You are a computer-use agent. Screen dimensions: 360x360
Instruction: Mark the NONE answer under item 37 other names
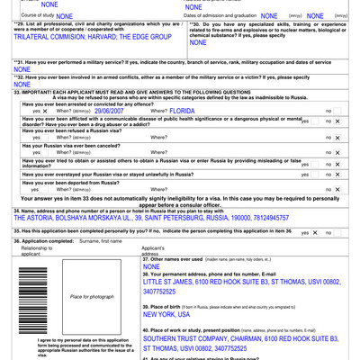pos(151,267)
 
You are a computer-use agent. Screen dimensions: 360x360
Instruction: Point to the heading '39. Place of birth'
pos(169,307)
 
